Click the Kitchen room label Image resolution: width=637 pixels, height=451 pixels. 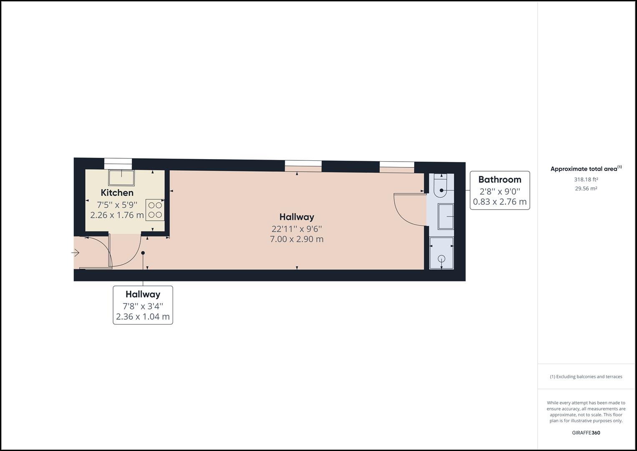[x=117, y=193]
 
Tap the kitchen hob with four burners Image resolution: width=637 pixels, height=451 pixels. [x=155, y=210]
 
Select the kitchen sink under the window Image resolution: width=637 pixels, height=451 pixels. [x=121, y=177]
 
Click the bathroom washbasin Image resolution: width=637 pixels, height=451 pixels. [x=446, y=216]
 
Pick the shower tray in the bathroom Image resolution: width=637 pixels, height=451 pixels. [x=441, y=253]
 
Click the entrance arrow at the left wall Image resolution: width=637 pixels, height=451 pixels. [x=76, y=253]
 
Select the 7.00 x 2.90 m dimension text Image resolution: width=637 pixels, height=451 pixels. [x=297, y=239]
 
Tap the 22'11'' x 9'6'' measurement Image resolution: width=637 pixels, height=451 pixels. [x=297, y=229]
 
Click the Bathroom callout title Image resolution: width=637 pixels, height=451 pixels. [x=500, y=180]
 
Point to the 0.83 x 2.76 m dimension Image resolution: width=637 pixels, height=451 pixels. [x=500, y=202]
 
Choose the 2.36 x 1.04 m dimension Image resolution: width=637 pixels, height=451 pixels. [x=143, y=317]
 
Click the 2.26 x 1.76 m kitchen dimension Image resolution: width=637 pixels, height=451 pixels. [x=117, y=215]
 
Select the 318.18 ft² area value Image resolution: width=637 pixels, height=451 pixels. [x=586, y=180]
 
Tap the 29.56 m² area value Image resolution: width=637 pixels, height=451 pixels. [x=586, y=188]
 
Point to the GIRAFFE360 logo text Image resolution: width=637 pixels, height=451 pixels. [x=586, y=433]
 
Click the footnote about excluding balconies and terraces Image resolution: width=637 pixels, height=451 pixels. [x=586, y=377]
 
